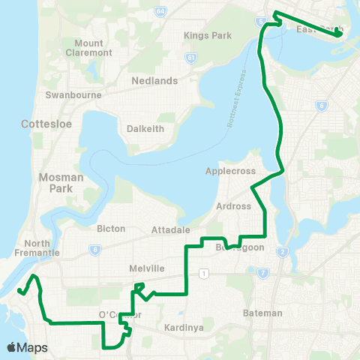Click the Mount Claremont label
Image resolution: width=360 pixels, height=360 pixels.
[x=88, y=49]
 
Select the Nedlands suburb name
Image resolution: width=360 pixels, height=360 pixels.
[x=154, y=80]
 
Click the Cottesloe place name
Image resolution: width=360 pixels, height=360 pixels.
[x=46, y=124]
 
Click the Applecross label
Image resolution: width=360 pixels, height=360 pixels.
[x=230, y=171]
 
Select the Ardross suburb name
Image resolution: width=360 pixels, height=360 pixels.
[x=230, y=205]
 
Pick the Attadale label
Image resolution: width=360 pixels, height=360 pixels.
[x=171, y=229]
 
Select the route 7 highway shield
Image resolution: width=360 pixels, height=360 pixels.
[x=262, y=274]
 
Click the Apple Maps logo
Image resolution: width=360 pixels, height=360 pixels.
[x=27, y=348]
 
